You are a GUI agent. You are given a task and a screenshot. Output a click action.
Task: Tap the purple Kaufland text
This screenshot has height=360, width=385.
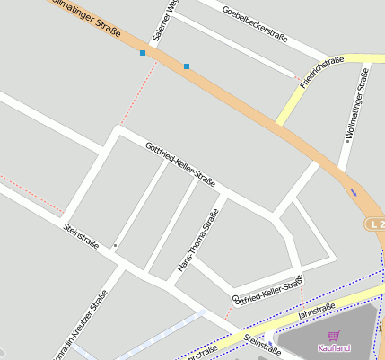point(334,347)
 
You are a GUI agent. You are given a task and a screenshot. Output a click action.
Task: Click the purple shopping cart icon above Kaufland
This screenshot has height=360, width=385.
point(334,336)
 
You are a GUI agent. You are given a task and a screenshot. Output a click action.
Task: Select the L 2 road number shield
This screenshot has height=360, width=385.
point(376,223)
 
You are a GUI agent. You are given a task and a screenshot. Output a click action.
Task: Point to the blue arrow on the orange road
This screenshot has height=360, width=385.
point(354,191)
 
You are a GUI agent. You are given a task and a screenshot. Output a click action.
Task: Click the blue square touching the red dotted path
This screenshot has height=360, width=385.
point(143,53)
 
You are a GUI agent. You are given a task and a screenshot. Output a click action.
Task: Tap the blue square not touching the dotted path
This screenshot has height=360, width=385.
point(187,66)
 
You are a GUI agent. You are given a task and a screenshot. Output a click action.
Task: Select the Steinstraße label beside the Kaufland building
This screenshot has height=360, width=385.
point(262,347)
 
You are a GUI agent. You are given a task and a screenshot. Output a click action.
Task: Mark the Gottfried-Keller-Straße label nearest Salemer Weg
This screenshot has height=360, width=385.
point(180,160)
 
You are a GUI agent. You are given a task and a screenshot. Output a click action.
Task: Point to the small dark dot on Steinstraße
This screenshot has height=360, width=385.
point(115,244)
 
